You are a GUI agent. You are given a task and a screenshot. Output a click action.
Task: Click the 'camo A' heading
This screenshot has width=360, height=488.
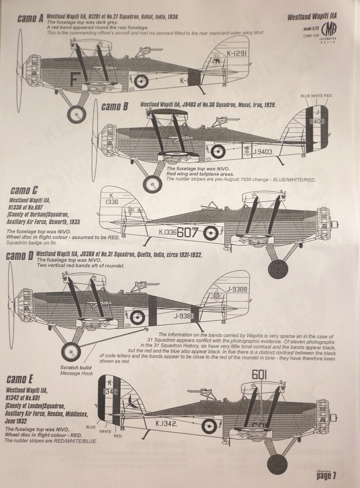[x=30, y=19]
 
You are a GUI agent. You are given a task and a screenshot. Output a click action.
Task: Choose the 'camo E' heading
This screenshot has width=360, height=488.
[x=20, y=379]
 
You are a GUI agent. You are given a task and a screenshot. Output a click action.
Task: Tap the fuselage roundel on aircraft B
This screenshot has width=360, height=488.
[x=218, y=152]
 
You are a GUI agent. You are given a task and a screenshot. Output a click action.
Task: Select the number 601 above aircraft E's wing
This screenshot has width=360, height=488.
[x=259, y=375]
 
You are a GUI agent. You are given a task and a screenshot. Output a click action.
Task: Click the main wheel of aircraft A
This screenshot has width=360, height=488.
[x=76, y=114]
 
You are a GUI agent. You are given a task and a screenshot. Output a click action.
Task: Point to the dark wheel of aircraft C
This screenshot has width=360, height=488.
[x=278, y=269]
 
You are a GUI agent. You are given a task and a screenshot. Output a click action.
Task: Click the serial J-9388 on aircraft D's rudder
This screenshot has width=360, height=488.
[x=234, y=289]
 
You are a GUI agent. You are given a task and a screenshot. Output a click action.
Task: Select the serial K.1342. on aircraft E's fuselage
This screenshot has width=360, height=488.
[x=167, y=423]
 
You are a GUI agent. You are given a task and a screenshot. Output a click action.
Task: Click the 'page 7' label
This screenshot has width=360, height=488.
[x=326, y=475]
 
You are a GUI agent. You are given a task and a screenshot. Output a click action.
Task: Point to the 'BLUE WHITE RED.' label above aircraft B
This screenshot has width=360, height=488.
[x=316, y=96]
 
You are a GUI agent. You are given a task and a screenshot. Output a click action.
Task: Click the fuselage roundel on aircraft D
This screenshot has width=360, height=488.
[x=138, y=317]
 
